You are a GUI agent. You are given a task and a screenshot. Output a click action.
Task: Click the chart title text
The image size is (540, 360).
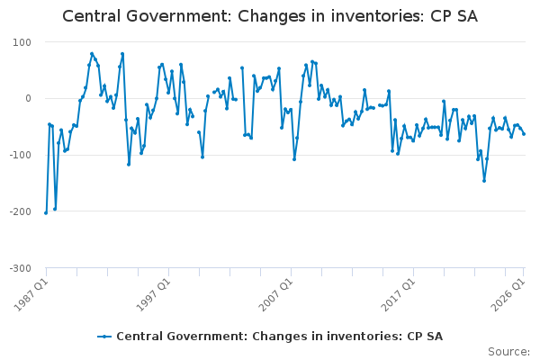click(270, 16)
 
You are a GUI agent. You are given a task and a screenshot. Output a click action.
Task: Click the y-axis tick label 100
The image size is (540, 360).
click(22, 42)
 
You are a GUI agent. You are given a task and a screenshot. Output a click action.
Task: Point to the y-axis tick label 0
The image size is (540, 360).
click(28, 98)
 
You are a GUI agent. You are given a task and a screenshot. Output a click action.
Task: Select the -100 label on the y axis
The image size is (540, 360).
click(20, 155)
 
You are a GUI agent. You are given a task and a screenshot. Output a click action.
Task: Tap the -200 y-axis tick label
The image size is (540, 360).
click(20, 211)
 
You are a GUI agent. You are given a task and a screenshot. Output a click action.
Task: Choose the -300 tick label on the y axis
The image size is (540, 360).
click(20, 268)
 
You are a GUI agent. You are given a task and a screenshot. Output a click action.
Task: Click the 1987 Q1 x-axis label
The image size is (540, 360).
click(31, 294)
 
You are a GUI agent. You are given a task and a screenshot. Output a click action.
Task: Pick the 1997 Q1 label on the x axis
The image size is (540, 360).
click(154, 294)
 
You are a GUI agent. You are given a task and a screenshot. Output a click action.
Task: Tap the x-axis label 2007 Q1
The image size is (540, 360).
click(276, 294)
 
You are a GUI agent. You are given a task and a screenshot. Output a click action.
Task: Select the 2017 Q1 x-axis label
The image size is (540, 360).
click(399, 294)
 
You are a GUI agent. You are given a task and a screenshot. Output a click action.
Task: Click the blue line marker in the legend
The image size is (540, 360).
click(104, 337)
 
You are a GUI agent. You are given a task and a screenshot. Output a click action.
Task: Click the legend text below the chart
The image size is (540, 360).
click(279, 337)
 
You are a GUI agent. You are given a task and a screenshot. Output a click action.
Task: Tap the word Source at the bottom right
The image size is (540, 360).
click(508, 352)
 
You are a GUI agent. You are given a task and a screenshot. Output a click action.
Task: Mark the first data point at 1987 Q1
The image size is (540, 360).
click(46, 213)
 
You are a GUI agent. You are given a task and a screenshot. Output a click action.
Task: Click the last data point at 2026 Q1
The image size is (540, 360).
click(524, 134)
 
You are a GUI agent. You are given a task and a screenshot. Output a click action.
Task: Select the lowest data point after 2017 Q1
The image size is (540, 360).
click(484, 181)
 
